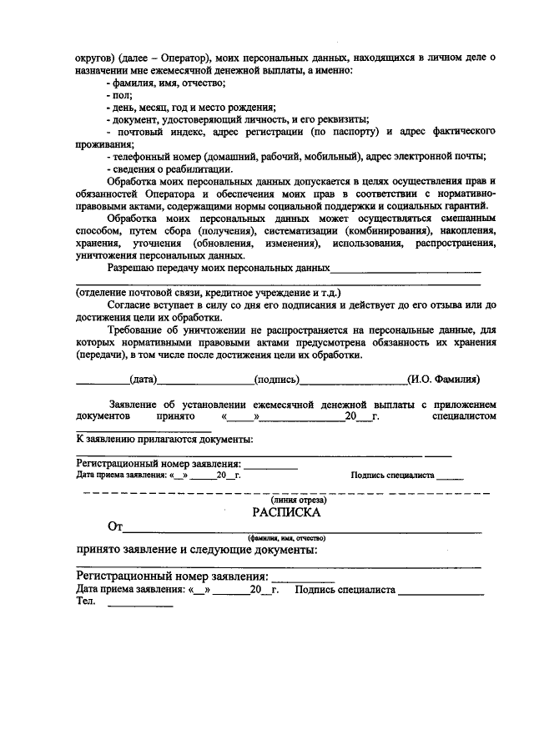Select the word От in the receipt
coord(116,527)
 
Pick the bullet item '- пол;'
coord(121,96)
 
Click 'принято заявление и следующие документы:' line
coord(196,551)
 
